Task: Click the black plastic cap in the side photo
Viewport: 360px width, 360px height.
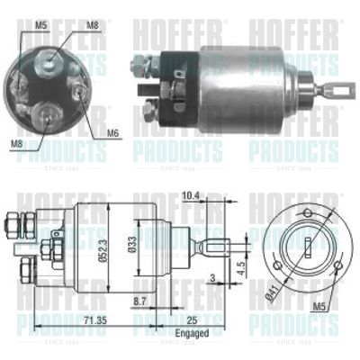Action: (180, 79)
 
